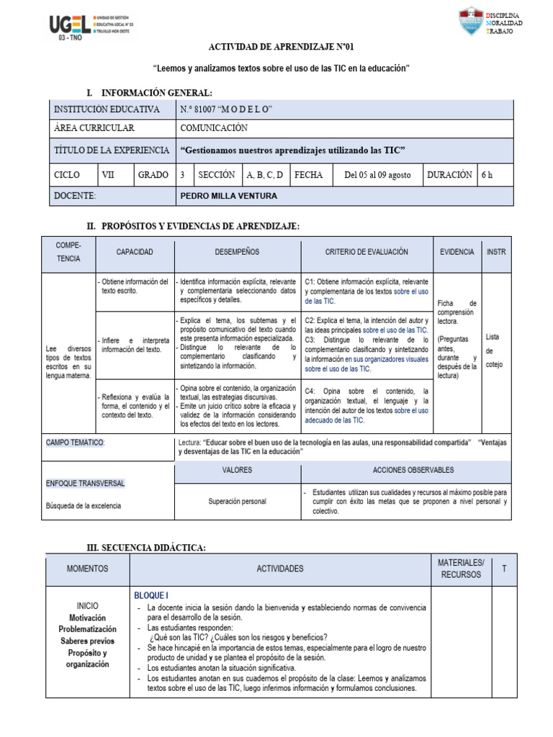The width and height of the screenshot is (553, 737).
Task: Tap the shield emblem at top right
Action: [x=471, y=22]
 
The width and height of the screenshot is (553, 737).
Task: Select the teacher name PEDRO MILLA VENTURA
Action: [x=228, y=196]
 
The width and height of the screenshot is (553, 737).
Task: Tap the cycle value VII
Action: [x=108, y=174]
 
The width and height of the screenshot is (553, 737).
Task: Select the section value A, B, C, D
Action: [x=264, y=174]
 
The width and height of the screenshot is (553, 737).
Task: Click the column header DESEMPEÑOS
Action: [x=237, y=253]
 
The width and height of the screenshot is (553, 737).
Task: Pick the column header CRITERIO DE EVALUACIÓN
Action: [x=367, y=253]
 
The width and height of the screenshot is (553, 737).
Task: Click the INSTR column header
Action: [x=496, y=253]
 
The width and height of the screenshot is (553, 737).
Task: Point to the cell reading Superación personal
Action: [x=237, y=502]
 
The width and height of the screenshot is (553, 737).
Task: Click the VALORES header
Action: [x=237, y=470]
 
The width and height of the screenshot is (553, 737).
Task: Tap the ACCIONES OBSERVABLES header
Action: [x=413, y=470]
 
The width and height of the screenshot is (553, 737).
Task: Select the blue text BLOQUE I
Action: [x=151, y=596]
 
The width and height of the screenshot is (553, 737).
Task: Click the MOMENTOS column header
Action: [x=87, y=569]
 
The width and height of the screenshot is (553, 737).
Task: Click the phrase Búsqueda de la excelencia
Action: [x=84, y=505]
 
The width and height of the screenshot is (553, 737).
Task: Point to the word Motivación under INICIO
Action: [x=87, y=618]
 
